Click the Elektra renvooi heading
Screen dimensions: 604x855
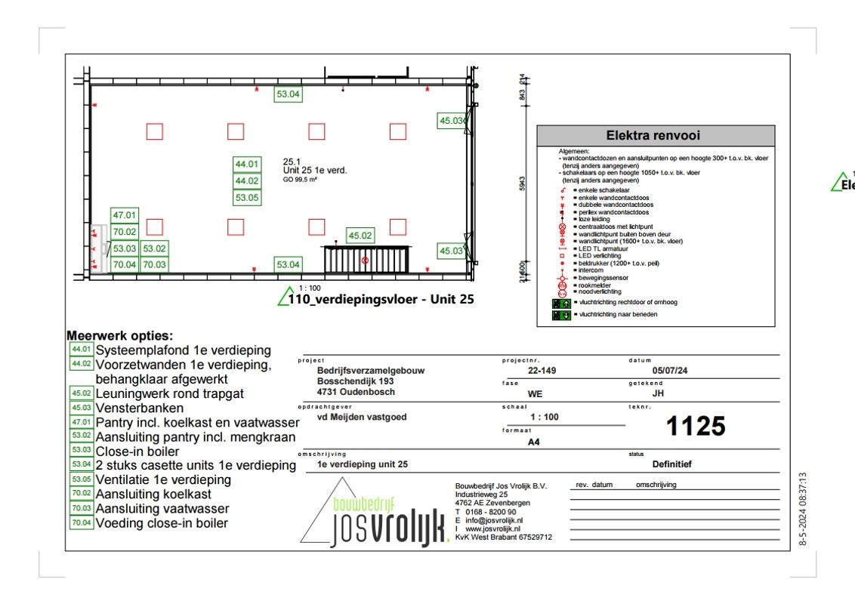click(653, 136)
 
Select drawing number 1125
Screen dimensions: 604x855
click(695, 427)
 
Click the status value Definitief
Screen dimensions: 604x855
click(671, 464)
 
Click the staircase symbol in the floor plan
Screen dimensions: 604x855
click(366, 259)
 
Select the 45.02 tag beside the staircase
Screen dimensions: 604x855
click(360, 236)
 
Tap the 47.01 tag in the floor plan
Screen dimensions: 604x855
click(125, 215)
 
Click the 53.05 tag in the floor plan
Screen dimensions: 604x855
click(247, 198)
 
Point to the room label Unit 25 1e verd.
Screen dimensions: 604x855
click(315, 171)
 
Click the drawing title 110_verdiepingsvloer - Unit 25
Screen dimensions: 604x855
click(381, 299)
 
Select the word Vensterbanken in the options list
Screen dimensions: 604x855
click(139, 408)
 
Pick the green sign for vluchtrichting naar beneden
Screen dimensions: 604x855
click(560, 315)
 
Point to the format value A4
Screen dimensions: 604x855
click(534, 444)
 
